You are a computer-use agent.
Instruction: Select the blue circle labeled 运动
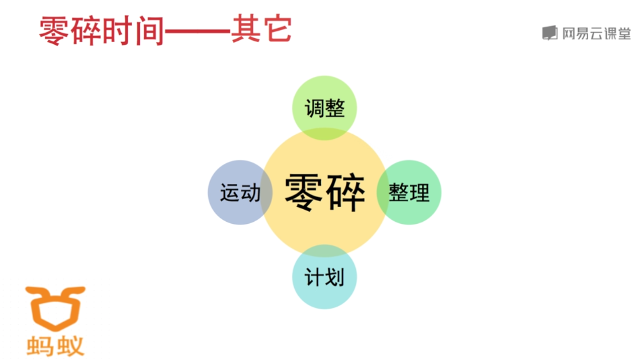234,193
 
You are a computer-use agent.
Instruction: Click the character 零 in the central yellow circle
304,193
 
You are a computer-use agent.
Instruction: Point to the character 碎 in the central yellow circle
345,193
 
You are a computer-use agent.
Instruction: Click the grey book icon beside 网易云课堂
550,33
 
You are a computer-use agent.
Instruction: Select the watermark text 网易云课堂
596,34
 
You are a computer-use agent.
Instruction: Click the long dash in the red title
197,32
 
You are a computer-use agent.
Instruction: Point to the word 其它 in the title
261,31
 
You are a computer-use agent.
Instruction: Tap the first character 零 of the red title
54,31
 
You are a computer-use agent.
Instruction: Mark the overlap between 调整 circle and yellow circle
324,134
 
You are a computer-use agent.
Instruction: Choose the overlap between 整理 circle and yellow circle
383,193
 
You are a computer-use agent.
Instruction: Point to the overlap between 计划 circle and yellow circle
324,251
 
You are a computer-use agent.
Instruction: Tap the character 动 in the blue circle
250,193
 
